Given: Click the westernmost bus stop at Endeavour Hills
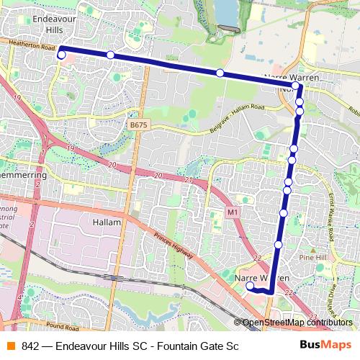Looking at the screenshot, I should coord(62,55).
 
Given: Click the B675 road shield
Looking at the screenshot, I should coord(138,125).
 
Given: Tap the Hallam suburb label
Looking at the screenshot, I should coord(107,222).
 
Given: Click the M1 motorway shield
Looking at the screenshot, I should coord(232,212).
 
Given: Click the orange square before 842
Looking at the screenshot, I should coord(11,346).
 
